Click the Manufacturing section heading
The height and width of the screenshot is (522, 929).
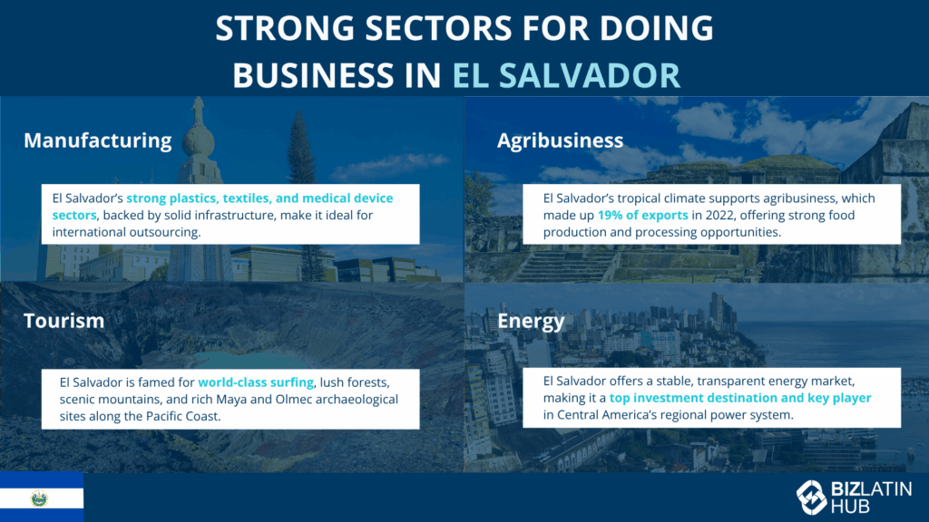pos(98,140)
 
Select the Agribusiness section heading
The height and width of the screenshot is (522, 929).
pos(560,140)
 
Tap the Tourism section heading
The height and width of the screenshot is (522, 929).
pos(64,321)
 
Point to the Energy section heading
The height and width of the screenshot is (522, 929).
pos(531,322)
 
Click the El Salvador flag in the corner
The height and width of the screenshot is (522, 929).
pos(42,498)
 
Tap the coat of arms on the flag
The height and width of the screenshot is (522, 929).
pos(39,498)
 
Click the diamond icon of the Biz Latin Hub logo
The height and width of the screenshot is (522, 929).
pos(811,498)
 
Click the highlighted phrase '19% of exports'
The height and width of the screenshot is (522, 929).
pos(642,216)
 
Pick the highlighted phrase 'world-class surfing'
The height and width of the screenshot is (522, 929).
pos(255,382)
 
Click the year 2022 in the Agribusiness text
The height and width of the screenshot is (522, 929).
pos(719,216)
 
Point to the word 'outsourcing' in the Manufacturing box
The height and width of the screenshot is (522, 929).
pos(165,232)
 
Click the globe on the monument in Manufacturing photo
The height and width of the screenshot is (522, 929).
pos(198,140)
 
